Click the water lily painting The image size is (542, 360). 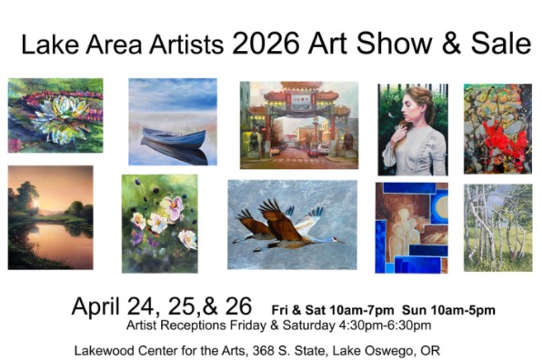(x=55, y=115)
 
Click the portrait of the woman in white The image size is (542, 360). (x=412, y=129)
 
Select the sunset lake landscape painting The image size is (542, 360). (x=50, y=217)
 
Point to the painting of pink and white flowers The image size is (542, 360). (x=159, y=224)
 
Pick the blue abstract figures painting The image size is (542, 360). (x=411, y=227)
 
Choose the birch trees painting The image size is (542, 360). (x=497, y=227)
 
